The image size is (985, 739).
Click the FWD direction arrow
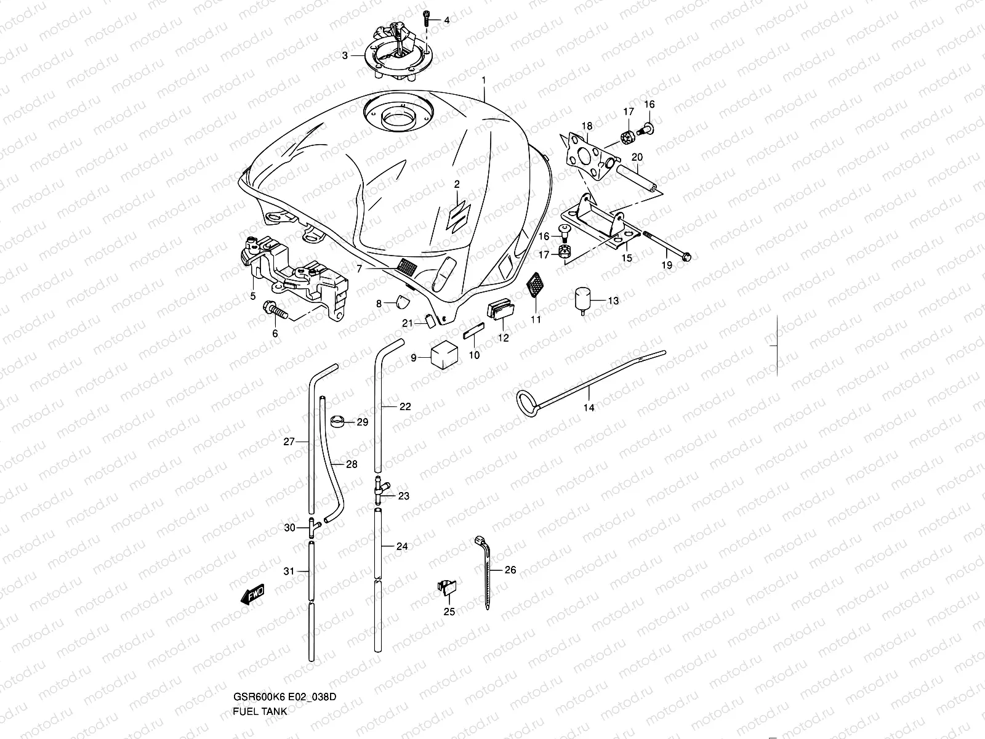pos(252,594)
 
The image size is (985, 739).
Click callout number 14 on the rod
pos(589,408)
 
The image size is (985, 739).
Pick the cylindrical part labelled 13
pos(582,299)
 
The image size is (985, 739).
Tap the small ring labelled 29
pos(337,422)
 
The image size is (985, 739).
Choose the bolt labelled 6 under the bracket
pos(275,309)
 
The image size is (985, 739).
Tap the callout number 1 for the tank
pos(483,80)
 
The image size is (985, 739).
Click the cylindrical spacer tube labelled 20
pos(638,177)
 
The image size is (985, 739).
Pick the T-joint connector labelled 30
pos(312,528)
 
